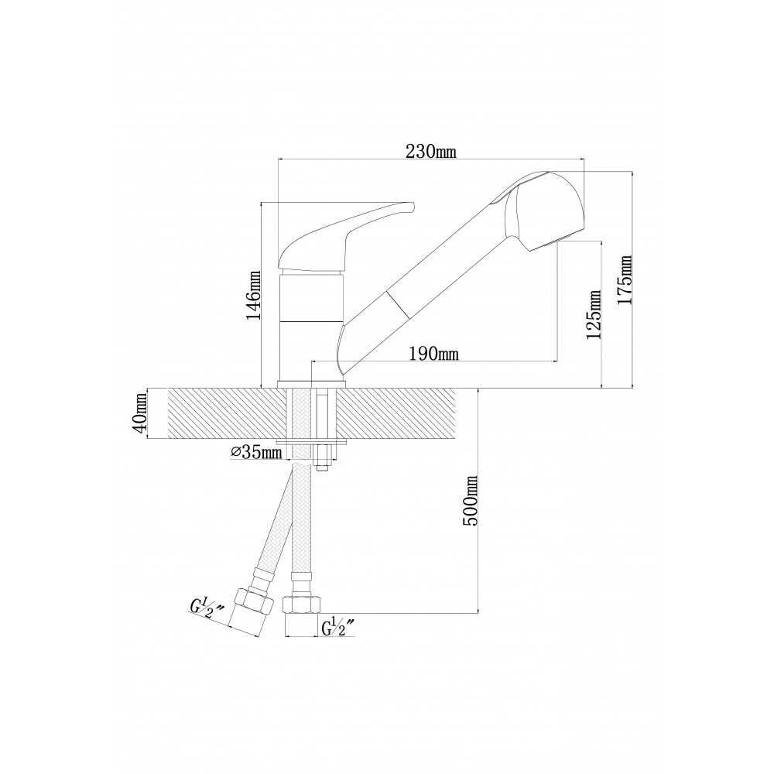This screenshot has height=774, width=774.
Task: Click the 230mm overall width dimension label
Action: [x=431, y=152]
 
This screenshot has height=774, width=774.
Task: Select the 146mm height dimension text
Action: [x=254, y=295]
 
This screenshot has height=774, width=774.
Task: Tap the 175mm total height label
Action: [x=625, y=280]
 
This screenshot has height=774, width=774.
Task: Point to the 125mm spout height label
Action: [x=594, y=314]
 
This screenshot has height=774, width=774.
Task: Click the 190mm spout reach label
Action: [x=434, y=354]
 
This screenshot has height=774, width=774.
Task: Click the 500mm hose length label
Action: [x=471, y=501]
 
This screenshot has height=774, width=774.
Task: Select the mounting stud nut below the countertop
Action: [x=321, y=458]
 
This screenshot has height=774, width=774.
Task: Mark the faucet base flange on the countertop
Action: [x=312, y=385]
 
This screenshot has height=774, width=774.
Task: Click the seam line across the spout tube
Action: [x=399, y=304]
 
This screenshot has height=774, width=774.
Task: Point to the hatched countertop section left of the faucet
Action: [x=223, y=413]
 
